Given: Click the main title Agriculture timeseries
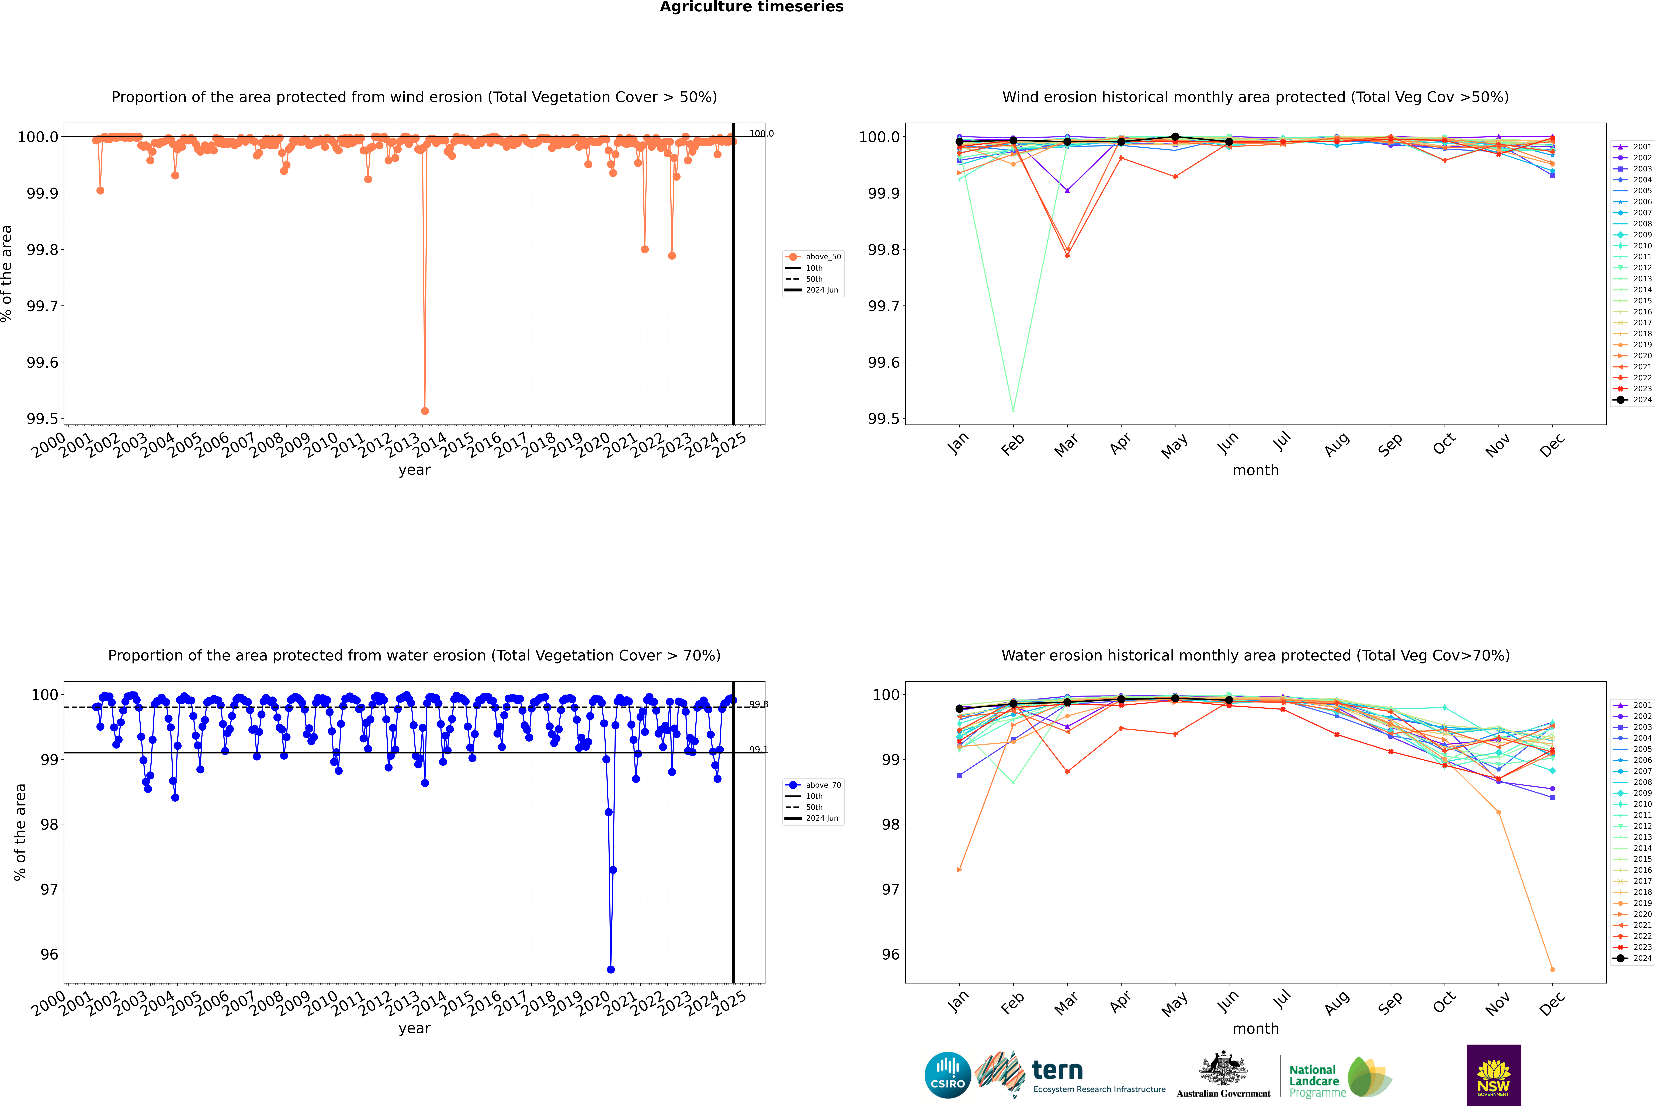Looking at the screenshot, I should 751,7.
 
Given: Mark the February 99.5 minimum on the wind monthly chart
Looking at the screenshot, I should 1013,411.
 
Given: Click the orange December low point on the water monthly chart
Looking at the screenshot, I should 1552,969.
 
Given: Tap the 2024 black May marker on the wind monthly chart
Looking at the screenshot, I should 1175,137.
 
